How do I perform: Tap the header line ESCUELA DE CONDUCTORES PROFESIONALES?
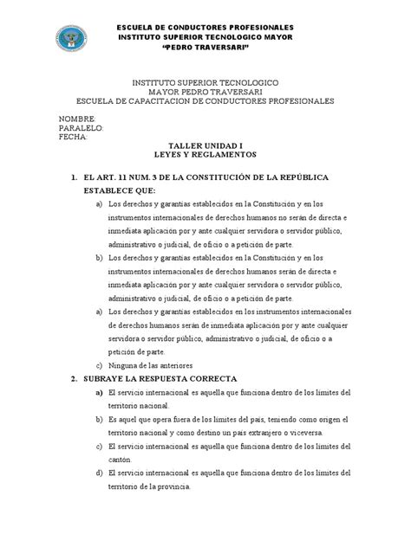coord(205,27)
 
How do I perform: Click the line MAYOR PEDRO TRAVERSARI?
coord(205,91)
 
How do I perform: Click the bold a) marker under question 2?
coord(101,391)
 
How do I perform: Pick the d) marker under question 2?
coord(101,473)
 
